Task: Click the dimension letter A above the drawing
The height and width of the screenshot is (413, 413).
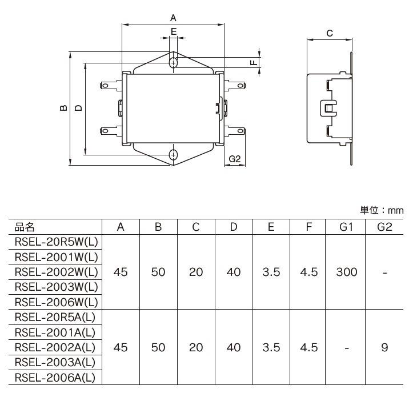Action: [173, 18]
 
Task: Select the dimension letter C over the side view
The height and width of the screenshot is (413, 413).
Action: [330, 33]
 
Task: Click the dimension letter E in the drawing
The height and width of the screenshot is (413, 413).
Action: [173, 32]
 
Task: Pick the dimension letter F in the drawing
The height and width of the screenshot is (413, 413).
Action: [254, 62]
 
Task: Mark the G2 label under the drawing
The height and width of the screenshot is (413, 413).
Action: [235, 159]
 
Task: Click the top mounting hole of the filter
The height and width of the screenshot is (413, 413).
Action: [173, 62]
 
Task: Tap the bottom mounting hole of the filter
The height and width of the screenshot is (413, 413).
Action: [173, 154]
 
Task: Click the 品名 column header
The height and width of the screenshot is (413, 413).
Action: [25, 227]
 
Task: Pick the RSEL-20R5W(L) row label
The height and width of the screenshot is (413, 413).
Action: [56, 242]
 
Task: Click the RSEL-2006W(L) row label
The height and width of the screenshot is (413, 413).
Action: [56, 302]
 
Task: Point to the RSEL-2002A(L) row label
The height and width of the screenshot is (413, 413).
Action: [55, 347]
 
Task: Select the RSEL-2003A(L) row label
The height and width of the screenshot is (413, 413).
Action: [55, 362]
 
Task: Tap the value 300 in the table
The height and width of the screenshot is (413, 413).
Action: [347, 272]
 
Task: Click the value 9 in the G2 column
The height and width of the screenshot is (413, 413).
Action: [384, 347]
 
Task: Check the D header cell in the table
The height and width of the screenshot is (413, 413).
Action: [234, 227]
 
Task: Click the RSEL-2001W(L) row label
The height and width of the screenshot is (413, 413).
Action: [56, 256]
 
